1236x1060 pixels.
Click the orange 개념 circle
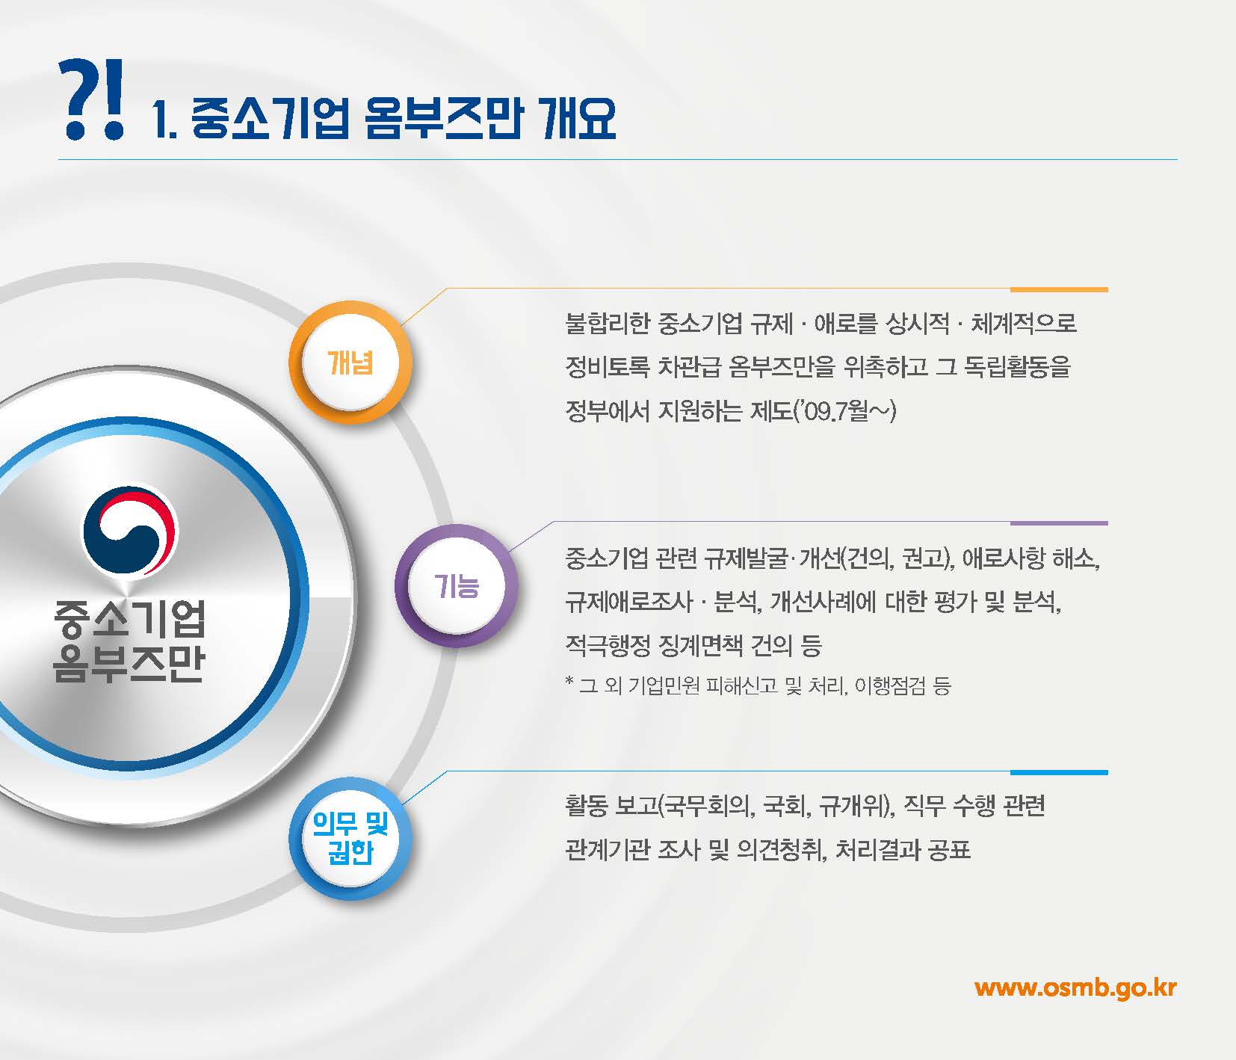pyautogui.click(x=350, y=363)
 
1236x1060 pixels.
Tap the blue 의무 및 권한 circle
pyautogui.click(x=350, y=838)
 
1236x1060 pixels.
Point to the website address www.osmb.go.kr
pyautogui.click(x=1075, y=987)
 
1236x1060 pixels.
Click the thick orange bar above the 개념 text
pyautogui.click(x=1058, y=289)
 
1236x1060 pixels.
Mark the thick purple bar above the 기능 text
pyautogui.click(x=1058, y=523)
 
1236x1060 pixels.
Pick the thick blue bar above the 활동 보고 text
pyautogui.click(x=1058, y=772)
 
